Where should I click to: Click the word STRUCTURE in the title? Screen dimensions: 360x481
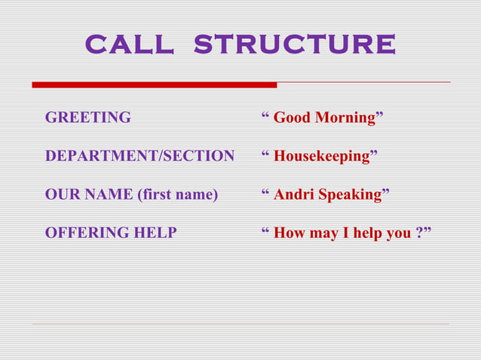point(294,44)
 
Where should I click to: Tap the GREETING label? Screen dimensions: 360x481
point(87,117)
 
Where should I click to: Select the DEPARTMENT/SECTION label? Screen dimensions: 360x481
point(139,157)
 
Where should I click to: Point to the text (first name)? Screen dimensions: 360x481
point(177,195)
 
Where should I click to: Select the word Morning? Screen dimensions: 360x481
point(345,117)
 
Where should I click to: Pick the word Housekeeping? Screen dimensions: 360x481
point(321,157)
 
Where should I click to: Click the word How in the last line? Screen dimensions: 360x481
point(288,233)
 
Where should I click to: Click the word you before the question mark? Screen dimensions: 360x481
point(399,233)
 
